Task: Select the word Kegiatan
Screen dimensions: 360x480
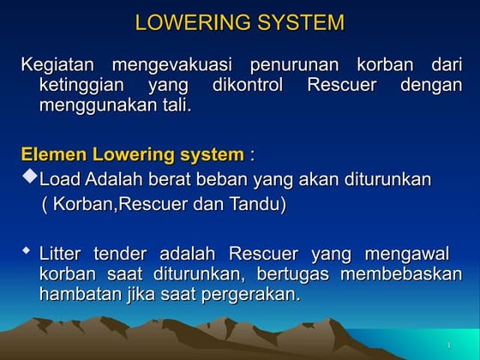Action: (x=57, y=66)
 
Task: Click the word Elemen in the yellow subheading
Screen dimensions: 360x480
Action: (x=50, y=155)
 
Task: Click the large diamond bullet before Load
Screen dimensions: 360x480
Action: (x=29, y=177)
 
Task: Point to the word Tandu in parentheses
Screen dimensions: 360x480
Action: (x=255, y=205)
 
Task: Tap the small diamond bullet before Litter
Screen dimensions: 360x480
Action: (x=27, y=251)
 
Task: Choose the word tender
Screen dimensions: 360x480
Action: (x=119, y=255)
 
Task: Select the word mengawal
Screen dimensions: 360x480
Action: (x=406, y=255)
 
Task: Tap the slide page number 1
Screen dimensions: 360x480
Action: (x=448, y=345)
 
